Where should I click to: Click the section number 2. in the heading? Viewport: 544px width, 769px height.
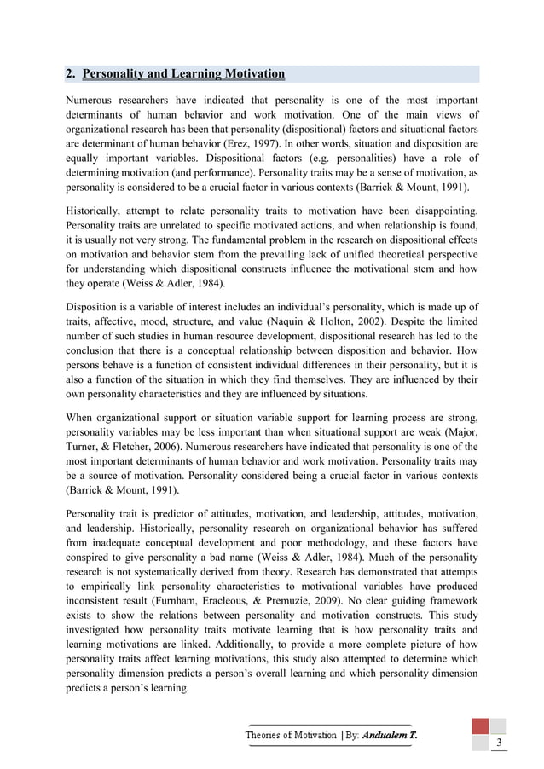pyautogui.click(x=72, y=74)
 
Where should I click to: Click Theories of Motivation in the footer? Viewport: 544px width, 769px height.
pyautogui.click(x=291, y=735)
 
